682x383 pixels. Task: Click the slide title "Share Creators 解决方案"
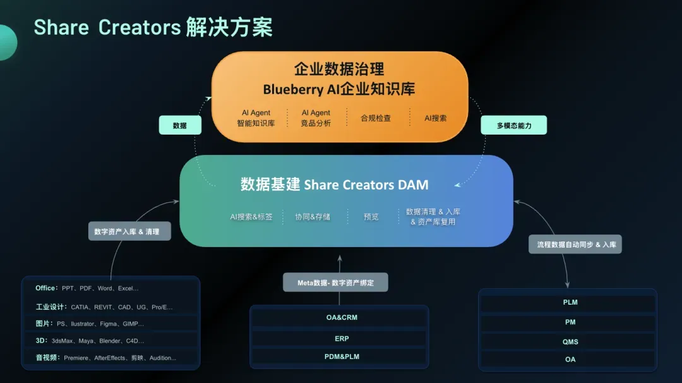(x=153, y=28)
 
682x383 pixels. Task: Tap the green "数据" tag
(x=180, y=125)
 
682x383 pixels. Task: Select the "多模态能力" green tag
(x=513, y=125)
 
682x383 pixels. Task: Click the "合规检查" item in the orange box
(x=376, y=118)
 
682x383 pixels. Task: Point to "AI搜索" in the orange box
(x=435, y=118)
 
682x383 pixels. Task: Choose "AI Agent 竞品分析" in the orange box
(x=316, y=118)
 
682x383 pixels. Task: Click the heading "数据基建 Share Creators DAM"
(x=335, y=185)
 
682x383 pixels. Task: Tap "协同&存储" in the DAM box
(x=313, y=217)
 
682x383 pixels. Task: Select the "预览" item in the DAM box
(x=371, y=217)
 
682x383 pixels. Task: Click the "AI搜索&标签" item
(x=251, y=217)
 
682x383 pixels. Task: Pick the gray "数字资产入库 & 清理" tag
(x=127, y=232)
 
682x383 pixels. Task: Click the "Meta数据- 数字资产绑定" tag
(x=335, y=283)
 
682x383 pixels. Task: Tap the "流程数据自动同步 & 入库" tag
(x=575, y=244)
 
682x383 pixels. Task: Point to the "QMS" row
(x=570, y=342)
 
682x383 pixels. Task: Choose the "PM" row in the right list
(x=570, y=322)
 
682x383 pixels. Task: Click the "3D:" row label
(x=42, y=341)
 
